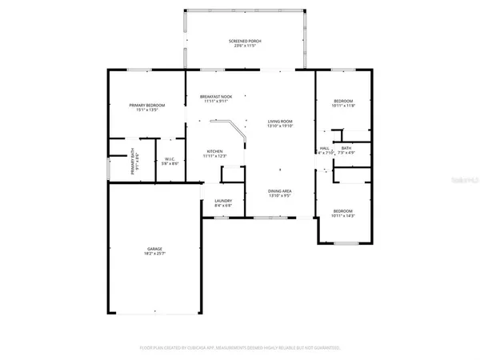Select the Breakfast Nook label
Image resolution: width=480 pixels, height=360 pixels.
tap(215, 97)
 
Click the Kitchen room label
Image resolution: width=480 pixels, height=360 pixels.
tap(215, 151)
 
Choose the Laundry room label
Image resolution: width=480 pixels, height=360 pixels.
tap(222, 201)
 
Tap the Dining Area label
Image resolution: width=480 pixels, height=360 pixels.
tap(279, 191)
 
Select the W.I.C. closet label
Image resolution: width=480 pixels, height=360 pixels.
tap(170, 158)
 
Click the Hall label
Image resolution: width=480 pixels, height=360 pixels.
tap(325, 148)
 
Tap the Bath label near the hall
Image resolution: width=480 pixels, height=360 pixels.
tap(346, 147)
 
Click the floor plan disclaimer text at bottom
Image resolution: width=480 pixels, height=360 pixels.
tap(239, 348)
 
